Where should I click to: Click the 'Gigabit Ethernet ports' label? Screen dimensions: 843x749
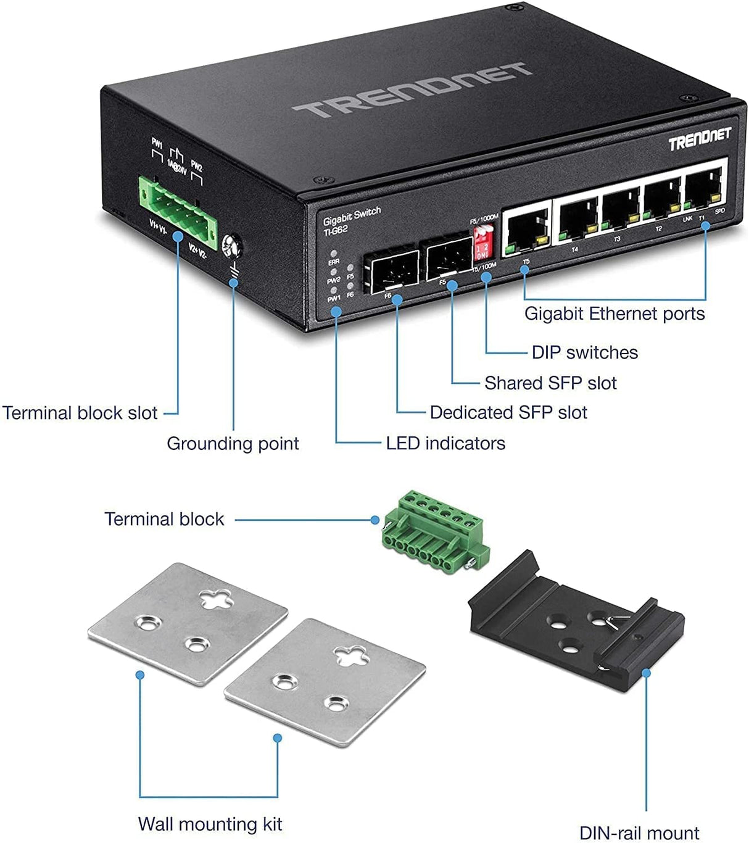pos(614,314)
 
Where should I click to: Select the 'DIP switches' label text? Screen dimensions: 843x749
pos(584,352)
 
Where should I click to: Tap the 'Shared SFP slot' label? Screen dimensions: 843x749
pos(550,383)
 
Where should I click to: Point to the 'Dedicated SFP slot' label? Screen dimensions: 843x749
pos(508,412)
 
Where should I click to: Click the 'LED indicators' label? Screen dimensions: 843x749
pos(445,443)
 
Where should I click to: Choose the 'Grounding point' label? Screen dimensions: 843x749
pos(233,443)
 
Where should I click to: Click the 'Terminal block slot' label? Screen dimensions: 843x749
pos(80,413)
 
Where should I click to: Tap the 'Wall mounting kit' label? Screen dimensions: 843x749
pos(210,824)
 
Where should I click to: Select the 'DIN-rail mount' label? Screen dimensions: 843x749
pos(639,833)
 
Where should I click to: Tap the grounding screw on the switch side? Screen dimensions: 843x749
pos(233,247)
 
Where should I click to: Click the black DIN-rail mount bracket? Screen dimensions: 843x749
pos(577,620)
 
